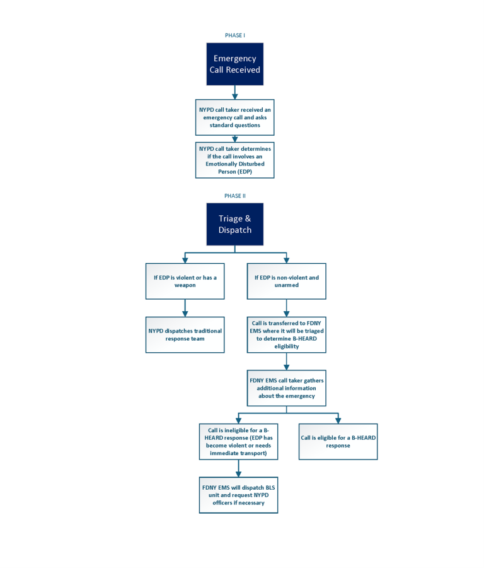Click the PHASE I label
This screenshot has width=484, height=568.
click(x=234, y=35)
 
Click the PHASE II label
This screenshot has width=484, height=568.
click(x=234, y=196)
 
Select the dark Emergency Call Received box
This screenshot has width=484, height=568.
click(x=234, y=64)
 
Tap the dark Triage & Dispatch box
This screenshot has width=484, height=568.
click(x=234, y=224)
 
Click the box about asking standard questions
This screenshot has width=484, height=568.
click(x=234, y=117)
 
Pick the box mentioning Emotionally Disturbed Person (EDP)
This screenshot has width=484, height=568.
click(x=234, y=160)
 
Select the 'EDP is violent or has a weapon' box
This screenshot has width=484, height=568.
click(x=185, y=281)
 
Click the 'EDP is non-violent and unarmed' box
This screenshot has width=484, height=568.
click(x=287, y=281)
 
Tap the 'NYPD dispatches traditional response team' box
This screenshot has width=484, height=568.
click(x=185, y=334)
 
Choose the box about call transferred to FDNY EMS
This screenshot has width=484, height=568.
click(x=287, y=334)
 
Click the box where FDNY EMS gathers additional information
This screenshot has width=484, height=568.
click(x=287, y=388)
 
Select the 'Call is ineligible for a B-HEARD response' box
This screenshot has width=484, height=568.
click(x=238, y=441)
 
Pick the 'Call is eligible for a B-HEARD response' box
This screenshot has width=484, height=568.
click(x=338, y=441)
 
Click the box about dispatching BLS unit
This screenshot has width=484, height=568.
click(x=238, y=494)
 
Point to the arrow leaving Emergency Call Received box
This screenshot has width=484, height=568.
click(x=234, y=92)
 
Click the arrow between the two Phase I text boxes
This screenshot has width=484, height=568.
click(x=234, y=138)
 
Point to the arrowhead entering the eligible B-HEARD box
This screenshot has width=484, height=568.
click(x=338, y=420)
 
